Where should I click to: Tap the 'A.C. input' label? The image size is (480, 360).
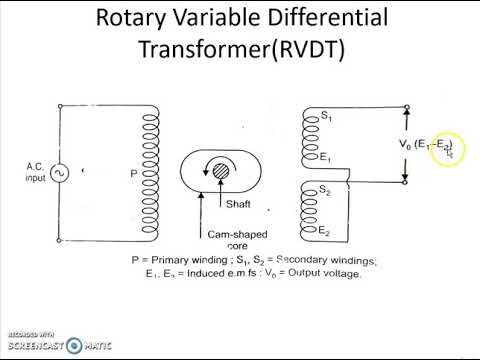click(x=21, y=172)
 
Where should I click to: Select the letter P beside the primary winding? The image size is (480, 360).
click(x=133, y=174)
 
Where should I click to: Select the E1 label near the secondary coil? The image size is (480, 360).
click(x=324, y=158)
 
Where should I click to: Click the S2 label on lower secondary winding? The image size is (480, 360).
click(x=324, y=190)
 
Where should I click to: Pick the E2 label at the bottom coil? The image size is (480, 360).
click(x=324, y=232)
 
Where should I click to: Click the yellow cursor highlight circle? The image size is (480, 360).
click(x=449, y=151)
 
